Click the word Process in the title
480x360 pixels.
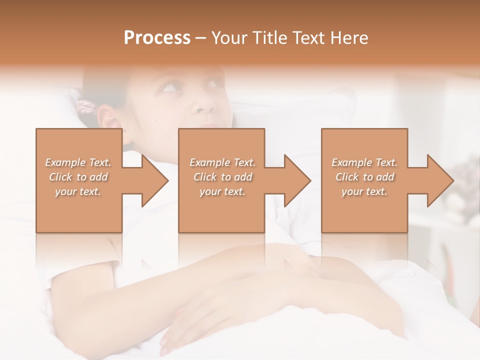point(157,38)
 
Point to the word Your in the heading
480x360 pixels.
point(229,38)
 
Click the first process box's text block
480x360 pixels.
point(78,177)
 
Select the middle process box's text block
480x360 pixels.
point(222,177)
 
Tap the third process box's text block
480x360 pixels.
point(364,177)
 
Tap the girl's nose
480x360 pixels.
point(203,105)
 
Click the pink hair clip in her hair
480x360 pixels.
point(86,106)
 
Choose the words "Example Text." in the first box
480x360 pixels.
point(78,162)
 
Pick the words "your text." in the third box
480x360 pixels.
point(364,191)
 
